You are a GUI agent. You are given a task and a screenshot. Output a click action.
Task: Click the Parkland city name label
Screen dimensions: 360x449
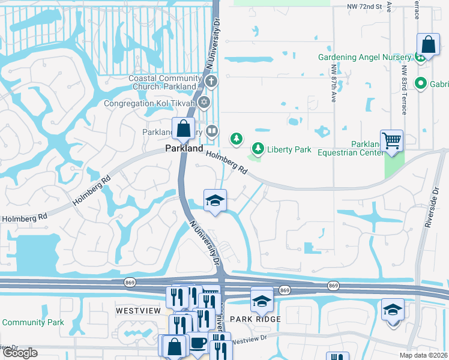(184, 148)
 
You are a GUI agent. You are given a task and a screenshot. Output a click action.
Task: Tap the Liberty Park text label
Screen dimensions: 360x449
(289, 149)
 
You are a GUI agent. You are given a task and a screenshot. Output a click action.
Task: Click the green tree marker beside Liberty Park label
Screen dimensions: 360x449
(258, 148)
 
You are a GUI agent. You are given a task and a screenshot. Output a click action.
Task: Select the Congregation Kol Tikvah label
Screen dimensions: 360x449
(151, 103)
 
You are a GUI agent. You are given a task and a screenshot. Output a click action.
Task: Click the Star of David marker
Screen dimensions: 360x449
(204, 102)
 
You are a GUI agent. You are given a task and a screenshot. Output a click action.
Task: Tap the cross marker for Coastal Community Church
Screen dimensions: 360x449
(210, 80)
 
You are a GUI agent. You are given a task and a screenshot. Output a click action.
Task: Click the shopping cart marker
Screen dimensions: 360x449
(391, 142)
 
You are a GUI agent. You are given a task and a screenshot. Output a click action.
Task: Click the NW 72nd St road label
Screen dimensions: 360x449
(364, 7)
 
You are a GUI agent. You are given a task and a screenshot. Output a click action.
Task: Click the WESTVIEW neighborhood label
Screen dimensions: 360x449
(138, 310)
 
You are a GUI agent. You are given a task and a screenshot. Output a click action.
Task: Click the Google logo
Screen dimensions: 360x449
(20, 353)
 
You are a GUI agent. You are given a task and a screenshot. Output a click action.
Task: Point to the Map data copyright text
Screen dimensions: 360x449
(423, 355)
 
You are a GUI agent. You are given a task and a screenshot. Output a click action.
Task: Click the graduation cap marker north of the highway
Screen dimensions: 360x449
(214, 200)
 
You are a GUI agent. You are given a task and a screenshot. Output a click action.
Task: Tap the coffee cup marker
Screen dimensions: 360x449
(197, 343)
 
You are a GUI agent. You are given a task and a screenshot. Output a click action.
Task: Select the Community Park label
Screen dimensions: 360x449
(32, 322)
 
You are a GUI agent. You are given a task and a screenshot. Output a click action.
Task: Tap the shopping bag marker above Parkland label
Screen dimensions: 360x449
(183, 128)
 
